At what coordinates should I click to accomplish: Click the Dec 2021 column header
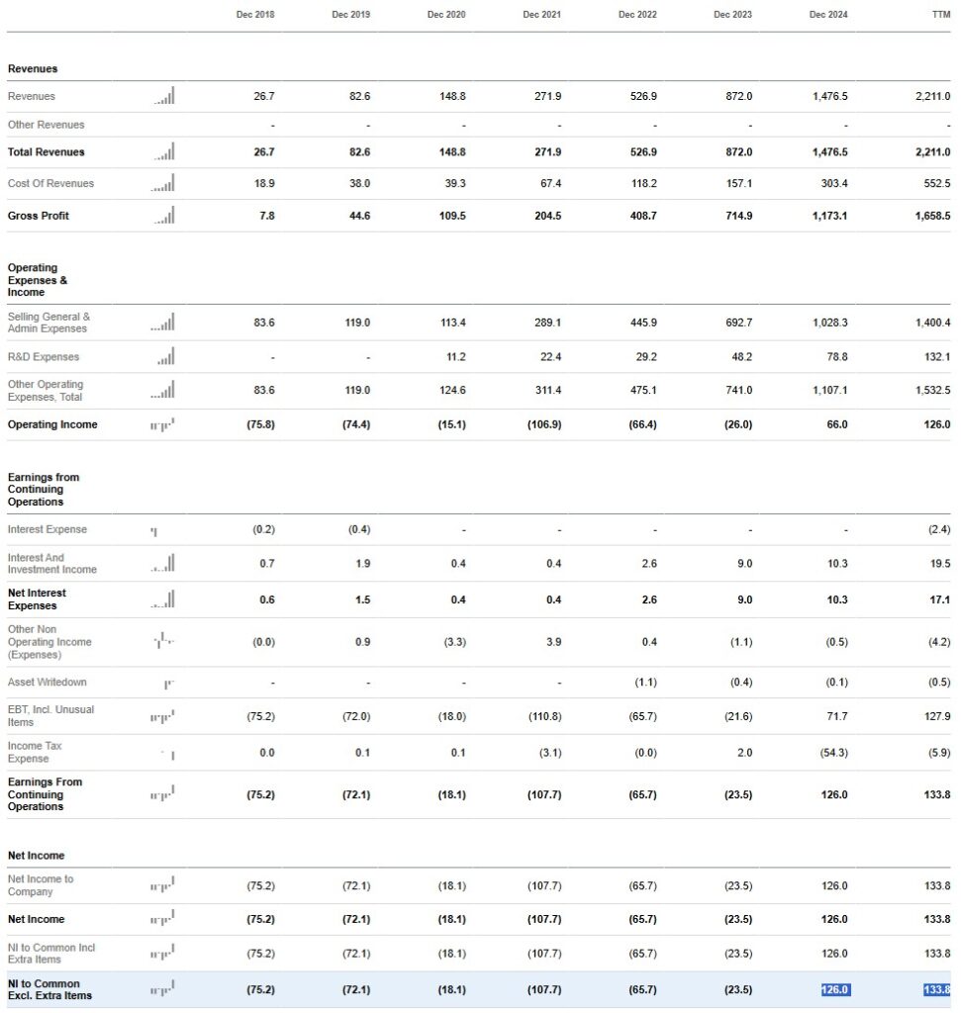[x=542, y=15]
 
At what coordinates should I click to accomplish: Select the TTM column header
[x=940, y=15]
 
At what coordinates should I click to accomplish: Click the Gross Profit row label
[x=39, y=216]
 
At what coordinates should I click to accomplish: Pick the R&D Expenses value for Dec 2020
[x=454, y=357]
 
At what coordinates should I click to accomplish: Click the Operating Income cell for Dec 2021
[x=547, y=424]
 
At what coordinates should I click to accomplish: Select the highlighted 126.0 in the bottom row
[x=835, y=989]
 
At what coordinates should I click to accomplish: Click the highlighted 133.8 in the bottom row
[x=936, y=989]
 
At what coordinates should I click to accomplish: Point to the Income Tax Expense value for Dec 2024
[x=833, y=753]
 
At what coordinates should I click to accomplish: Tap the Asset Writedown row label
[x=47, y=683]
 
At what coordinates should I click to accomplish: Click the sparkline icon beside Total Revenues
[x=164, y=152]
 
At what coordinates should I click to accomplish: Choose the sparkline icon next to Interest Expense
[x=153, y=531]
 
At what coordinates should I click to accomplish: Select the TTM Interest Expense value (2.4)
[x=939, y=530]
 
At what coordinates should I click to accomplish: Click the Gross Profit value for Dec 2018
[x=267, y=216]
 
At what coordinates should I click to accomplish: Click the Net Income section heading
[x=36, y=855]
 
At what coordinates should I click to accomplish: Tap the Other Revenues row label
[x=46, y=125]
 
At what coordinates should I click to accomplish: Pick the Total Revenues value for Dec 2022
[x=643, y=152]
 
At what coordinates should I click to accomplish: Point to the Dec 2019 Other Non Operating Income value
[x=363, y=642]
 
